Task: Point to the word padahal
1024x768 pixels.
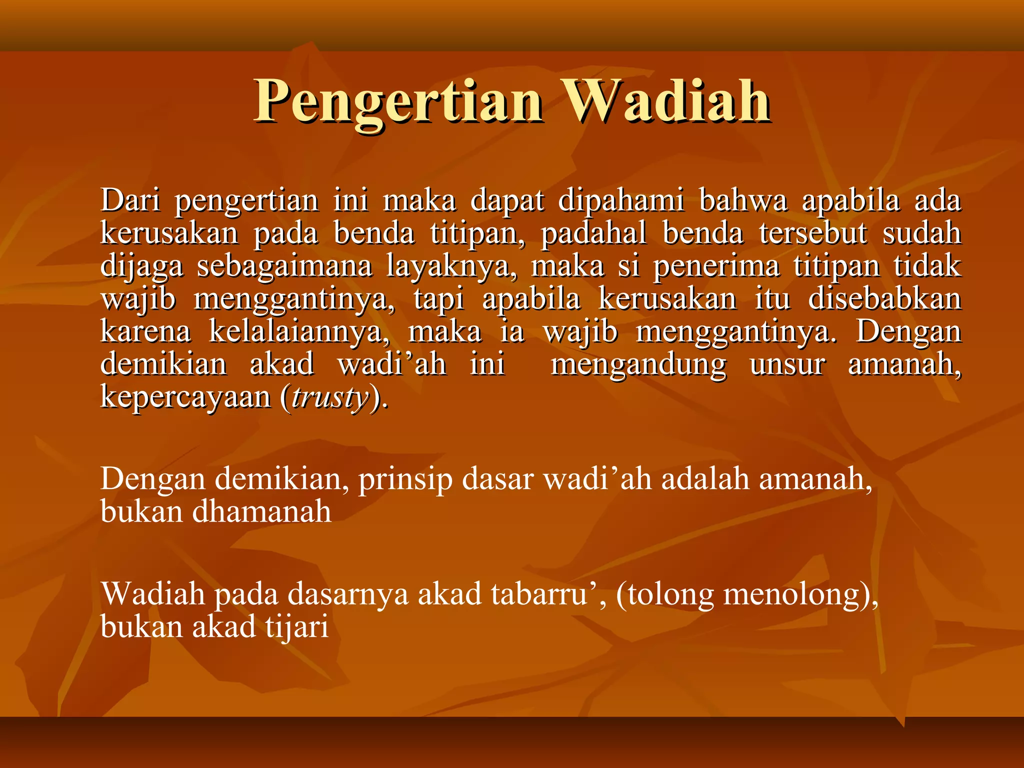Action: [x=593, y=233]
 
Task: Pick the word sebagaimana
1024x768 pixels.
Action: [x=284, y=266]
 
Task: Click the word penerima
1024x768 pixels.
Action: [x=716, y=266]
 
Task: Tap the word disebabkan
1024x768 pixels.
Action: [x=884, y=299]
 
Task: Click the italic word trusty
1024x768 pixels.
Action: [x=330, y=397]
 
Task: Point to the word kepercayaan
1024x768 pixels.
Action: [x=185, y=397]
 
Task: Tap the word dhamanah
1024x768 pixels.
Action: [x=262, y=512]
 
